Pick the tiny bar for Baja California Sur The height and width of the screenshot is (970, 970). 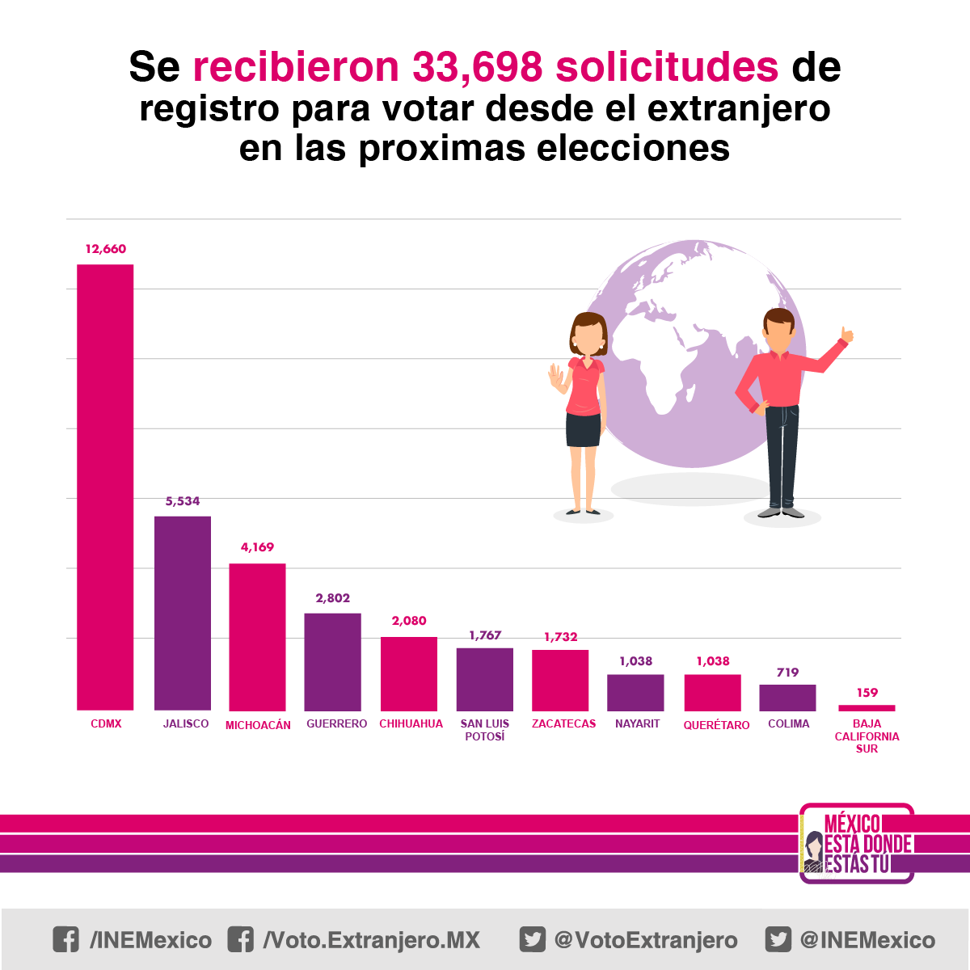pos(867,708)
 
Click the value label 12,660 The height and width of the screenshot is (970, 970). pos(106,249)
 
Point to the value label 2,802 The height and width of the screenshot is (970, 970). pos(333,598)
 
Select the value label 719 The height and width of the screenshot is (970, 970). pos(787,673)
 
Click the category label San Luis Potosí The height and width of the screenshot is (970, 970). pos(485,730)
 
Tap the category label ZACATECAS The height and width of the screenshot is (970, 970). pos(563,723)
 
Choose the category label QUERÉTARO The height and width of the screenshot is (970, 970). pos(716,725)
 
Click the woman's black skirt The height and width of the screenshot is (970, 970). pos(583,430)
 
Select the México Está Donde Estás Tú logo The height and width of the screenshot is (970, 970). pos(856,843)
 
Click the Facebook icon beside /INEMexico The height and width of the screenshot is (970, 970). pos(66,939)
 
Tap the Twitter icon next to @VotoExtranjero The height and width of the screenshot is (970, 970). pos(532,939)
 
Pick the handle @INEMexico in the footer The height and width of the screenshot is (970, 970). pos(867,940)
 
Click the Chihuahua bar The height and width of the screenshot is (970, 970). pos(409,673)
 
